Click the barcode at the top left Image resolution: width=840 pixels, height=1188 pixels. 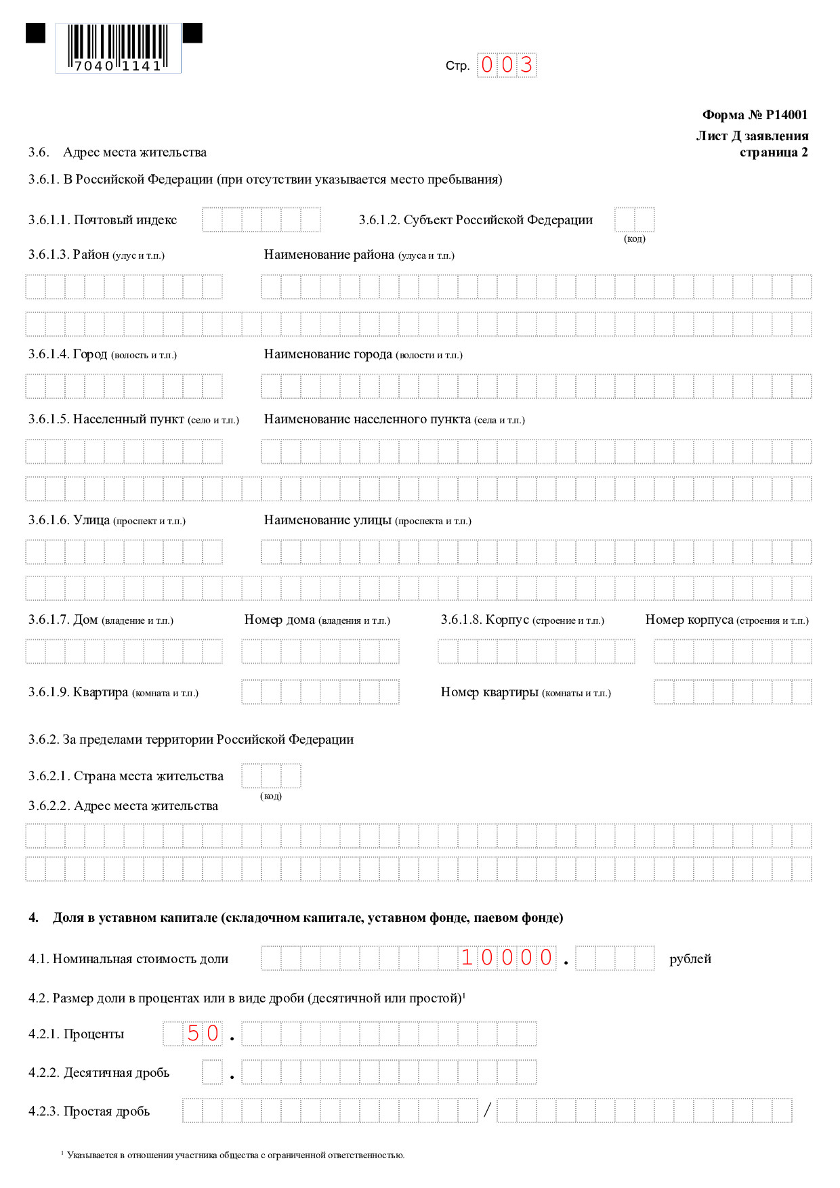(x=118, y=47)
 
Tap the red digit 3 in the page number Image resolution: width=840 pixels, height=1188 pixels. (x=526, y=66)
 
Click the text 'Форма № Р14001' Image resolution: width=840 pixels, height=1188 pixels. (x=755, y=115)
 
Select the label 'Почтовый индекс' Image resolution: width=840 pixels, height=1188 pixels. (x=125, y=220)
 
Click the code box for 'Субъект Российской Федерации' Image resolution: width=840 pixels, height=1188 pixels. (x=634, y=220)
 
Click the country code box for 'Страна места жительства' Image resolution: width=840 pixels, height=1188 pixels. (x=271, y=776)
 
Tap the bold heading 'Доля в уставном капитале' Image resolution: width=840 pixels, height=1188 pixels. (x=308, y=918)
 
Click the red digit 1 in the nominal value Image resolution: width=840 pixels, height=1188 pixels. (x=467, y=958)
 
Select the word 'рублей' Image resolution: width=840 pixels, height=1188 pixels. (x=690, y=959)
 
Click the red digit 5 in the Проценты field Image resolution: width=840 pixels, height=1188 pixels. (x=194, y=1034)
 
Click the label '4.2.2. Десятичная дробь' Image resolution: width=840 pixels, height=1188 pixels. (x=99, y=1073)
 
